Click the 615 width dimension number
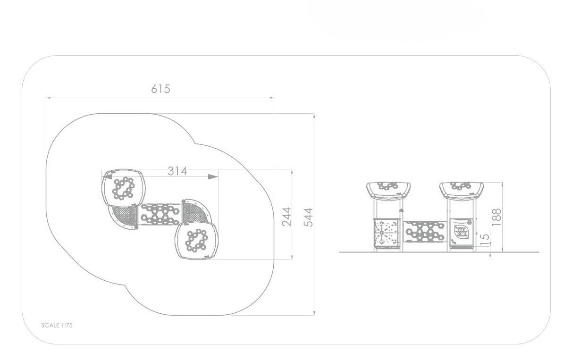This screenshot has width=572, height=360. tap(160, 89)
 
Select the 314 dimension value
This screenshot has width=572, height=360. tap(177, 171)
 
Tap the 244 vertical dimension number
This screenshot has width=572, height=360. tap(286, 217)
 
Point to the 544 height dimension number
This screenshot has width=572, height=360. tap(308, 218)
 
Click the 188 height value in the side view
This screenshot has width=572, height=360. tap(496, 217)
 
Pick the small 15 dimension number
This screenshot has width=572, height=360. tap(485, 240)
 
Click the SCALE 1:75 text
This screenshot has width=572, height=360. tap(57, 325)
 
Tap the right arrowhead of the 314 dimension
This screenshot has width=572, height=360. tap(213, 176)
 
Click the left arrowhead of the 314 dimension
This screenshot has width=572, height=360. tap(107, 176)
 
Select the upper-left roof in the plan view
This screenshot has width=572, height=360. tap(124, 188)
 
